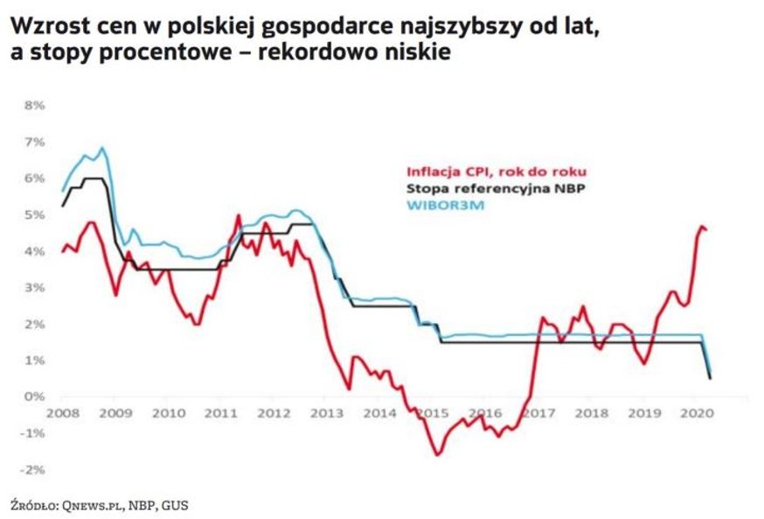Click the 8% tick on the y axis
(x=33, y=105)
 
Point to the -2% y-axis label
(x=32, y=469)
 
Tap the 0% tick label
(x=34, y=396)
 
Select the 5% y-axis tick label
(x=33, y=214)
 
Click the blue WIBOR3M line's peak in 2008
(x=102, y=148)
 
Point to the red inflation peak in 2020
(x=700, y=226)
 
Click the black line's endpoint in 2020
(x=710, y=378)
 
